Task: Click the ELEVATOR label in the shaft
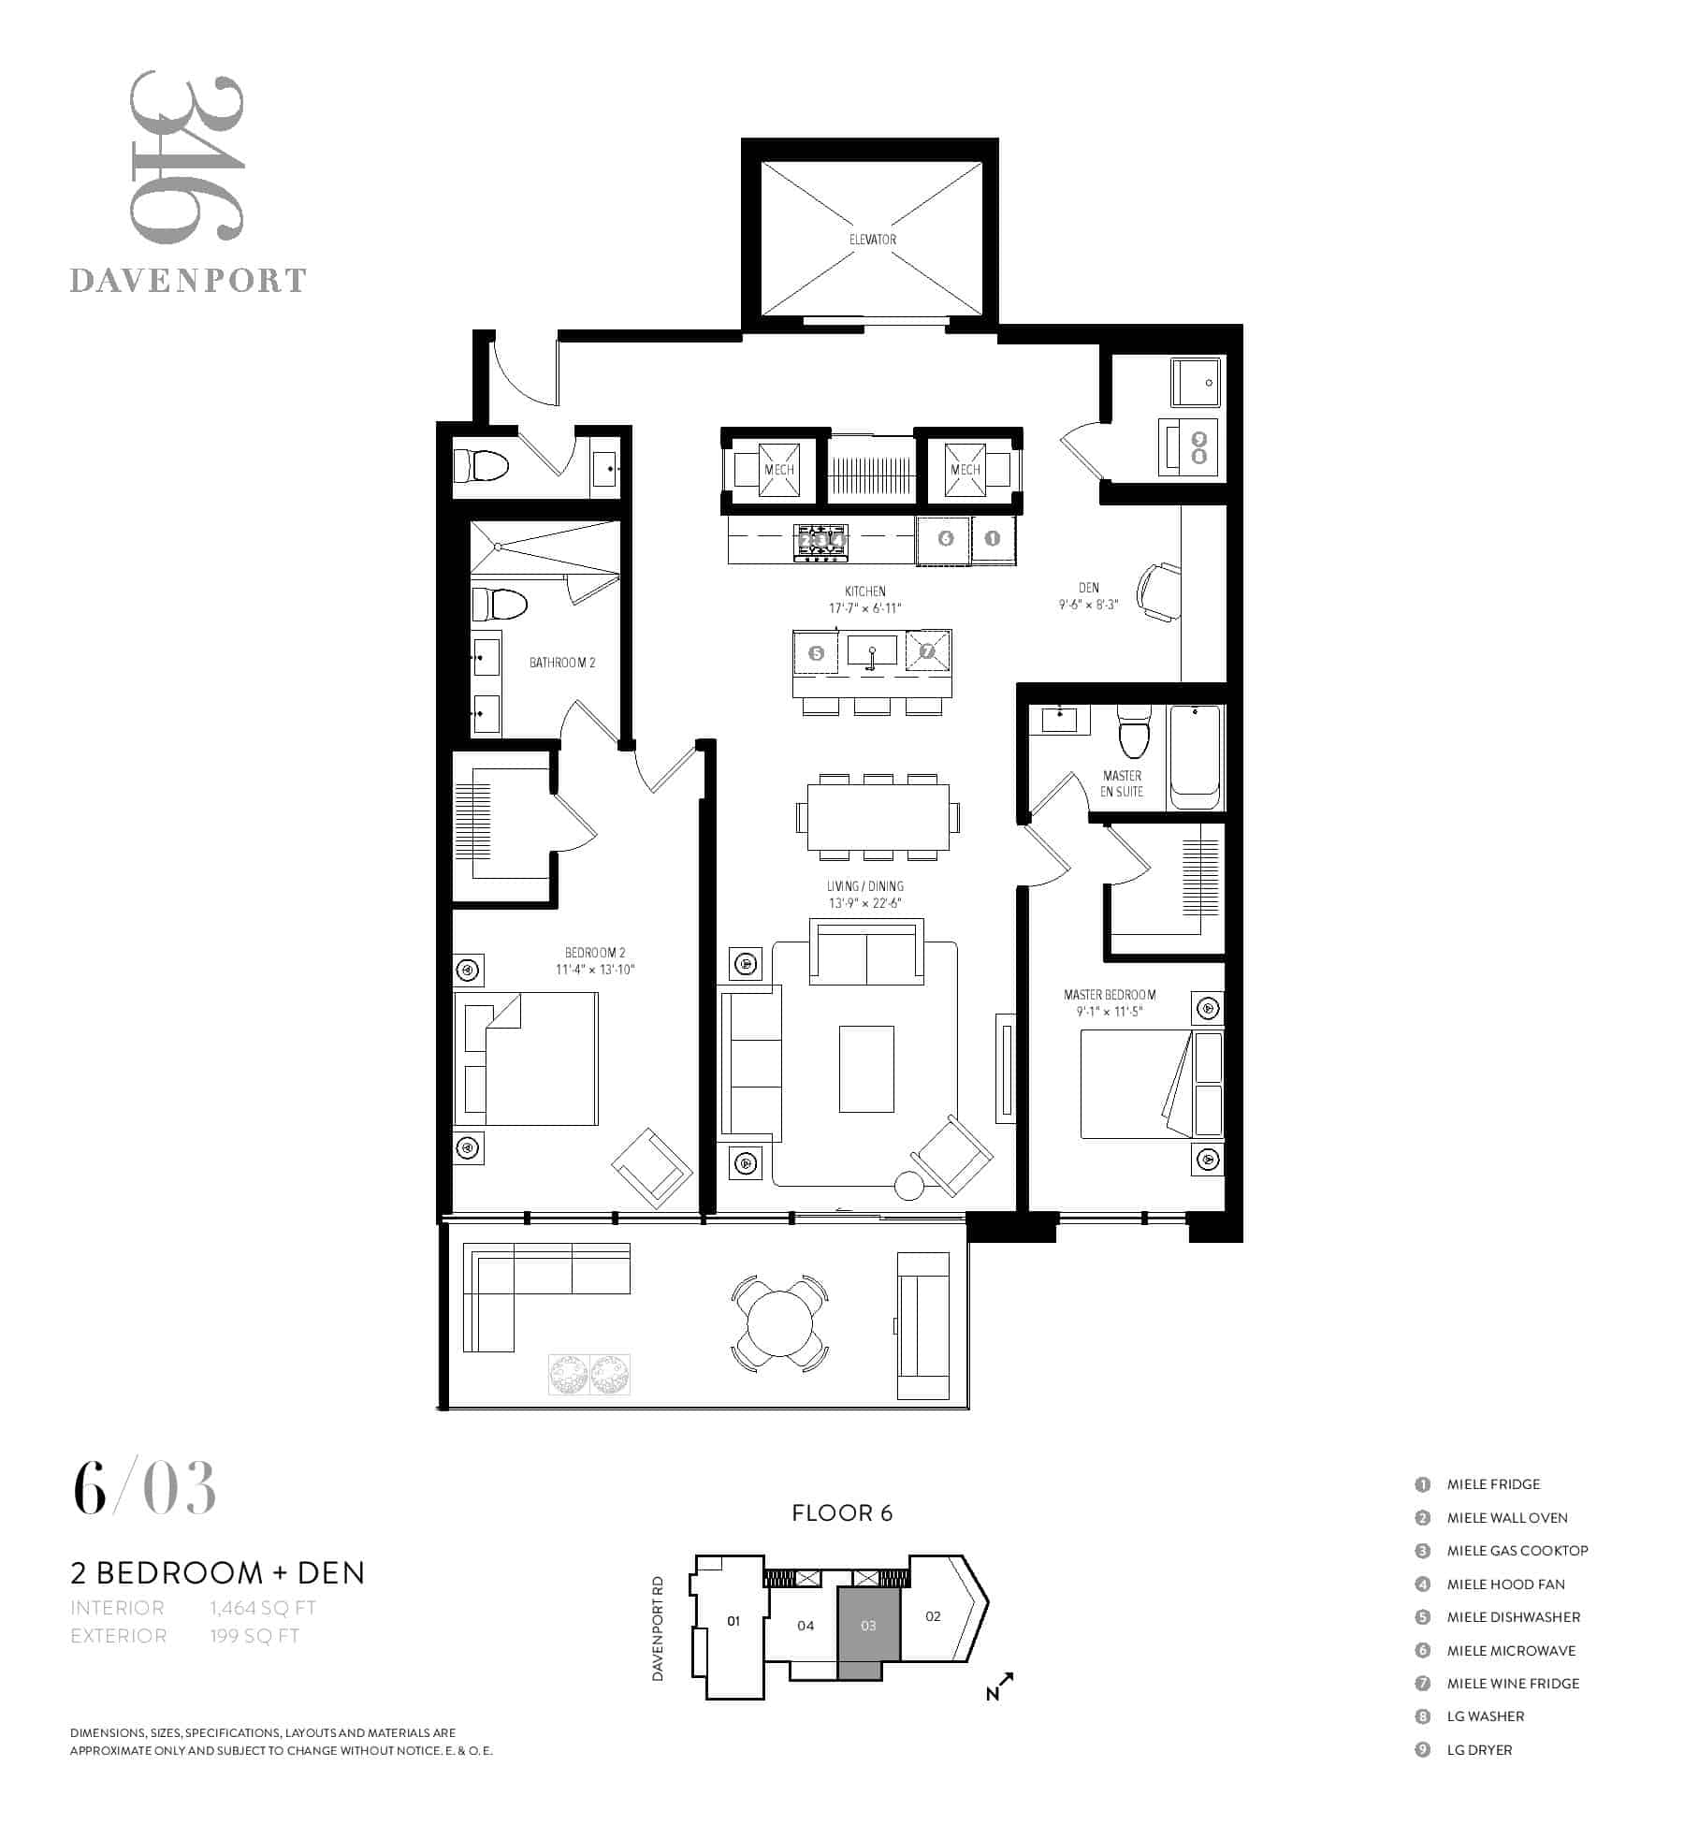(x=872, y=240)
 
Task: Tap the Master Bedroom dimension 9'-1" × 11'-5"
(x=1109, y=1012)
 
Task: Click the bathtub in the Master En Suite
(x=1195, y=757)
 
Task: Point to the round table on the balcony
(x=779, y=1323)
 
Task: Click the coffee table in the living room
(x=866, y=1069)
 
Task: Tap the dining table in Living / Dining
(x=878, y=817)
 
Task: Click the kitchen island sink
(x=872, y=650)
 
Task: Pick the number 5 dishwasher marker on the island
(x=817, y=653)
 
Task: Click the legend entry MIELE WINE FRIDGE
(x=1513, y=1683)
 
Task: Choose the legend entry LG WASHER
(x=1486, y=1715)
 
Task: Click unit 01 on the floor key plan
(x=733, y=1620)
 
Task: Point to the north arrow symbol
(x=999, y=1686)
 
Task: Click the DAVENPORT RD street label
(x=658, y=1628)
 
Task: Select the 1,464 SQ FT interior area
(x=263, y=1608)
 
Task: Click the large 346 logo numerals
(x=186, y=156)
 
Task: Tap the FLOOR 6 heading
(x=842, y=1513)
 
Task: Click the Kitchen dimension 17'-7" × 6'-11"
(x=864, y=608)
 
